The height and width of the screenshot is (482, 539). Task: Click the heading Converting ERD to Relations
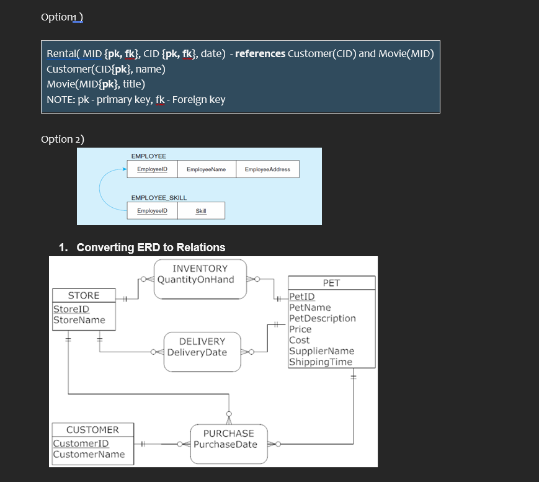(150, 248)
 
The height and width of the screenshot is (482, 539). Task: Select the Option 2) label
(63, 139)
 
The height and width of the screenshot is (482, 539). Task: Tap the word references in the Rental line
(261, 53)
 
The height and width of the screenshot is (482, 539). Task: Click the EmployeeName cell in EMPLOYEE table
(206, 169)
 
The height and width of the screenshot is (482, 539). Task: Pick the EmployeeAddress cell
(267, 169)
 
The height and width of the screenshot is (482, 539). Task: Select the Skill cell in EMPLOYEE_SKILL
(201, 211)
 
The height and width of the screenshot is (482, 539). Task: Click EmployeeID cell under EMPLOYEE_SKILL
(152, 211)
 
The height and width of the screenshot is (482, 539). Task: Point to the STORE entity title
(83, 295)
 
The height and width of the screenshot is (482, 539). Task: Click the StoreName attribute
(79, 320)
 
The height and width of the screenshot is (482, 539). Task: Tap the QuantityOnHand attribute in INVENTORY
(196, 279)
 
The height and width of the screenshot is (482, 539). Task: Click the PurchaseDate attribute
(225, 444)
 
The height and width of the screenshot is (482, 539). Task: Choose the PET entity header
(331, 283)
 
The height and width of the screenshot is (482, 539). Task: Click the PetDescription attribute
(323, 318)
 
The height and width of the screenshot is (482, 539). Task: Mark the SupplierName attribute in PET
(321, 351)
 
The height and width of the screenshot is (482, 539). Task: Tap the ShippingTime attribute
(321, 362)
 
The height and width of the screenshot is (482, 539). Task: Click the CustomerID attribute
(81, 443)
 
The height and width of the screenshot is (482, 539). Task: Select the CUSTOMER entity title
(92, 430)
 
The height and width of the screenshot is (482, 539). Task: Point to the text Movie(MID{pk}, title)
(96, 84)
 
